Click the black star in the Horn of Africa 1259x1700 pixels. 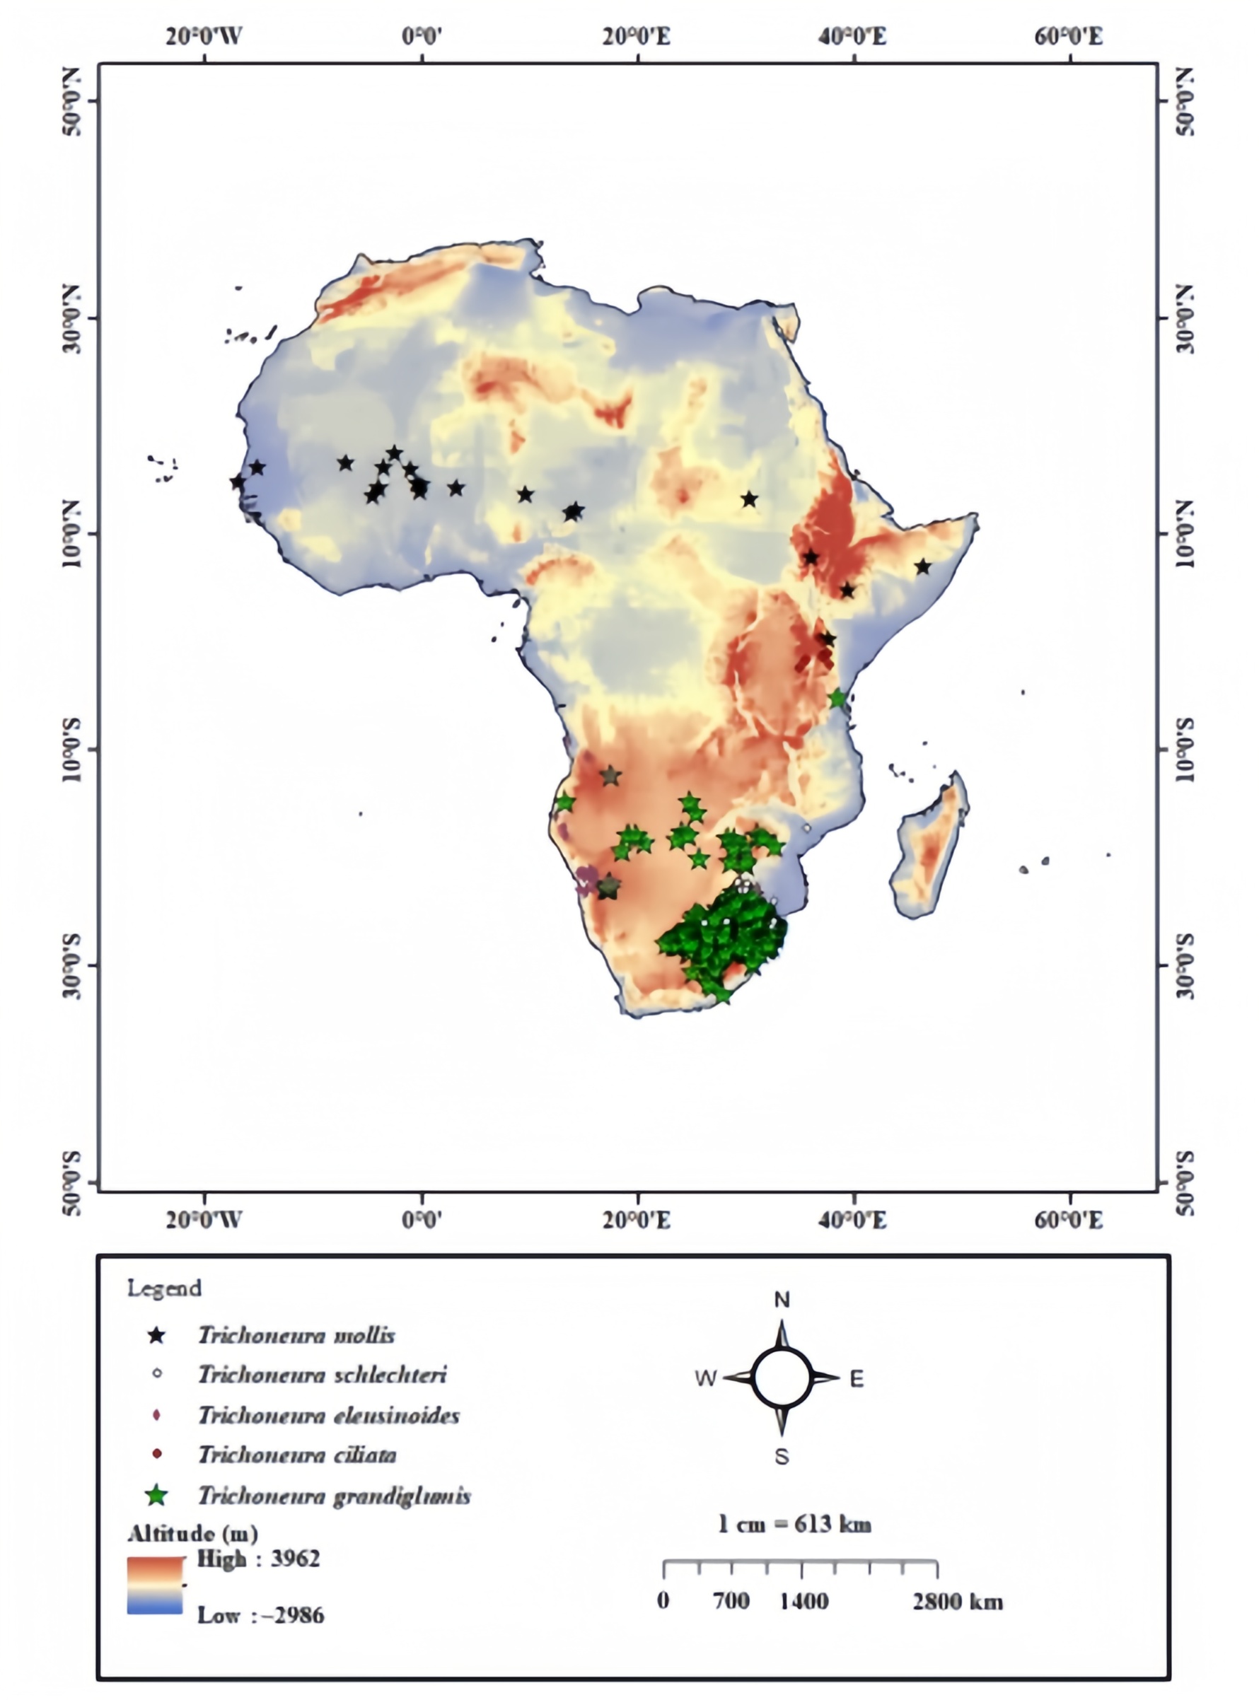[923, 567]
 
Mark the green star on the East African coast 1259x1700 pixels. [837, 698]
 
